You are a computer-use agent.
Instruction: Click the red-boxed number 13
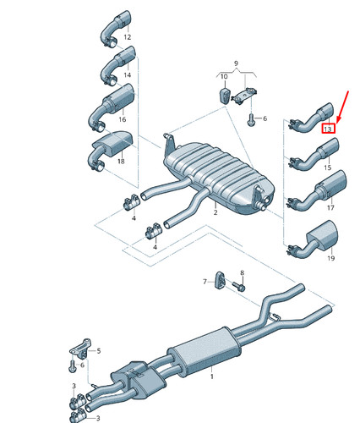pos(328,129)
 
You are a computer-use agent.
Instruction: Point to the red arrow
pos(343,107)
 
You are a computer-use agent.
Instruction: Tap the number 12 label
pos(128,37)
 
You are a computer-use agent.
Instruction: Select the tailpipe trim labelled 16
pos(112,107)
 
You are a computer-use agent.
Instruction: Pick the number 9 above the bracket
pos(236,63)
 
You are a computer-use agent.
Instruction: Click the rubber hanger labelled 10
pos(224,96)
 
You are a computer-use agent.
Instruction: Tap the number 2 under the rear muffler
pos(215,212)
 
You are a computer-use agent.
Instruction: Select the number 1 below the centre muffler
pos(212,376)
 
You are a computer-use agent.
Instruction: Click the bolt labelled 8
pos(239,286)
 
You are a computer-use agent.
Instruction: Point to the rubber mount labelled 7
pos(220,280)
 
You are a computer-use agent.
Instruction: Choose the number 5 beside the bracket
pos(99,351)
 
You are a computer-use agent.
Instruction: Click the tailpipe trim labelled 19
pos(313,239)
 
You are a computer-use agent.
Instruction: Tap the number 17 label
pos(330,207)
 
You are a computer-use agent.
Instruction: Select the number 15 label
pos(327,168)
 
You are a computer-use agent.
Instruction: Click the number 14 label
pos(128,74)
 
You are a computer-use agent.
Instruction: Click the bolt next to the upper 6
pos(251,120)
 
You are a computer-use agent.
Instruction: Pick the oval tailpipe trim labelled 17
pos(317,191)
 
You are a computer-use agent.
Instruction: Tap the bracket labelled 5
pos(81,349)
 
